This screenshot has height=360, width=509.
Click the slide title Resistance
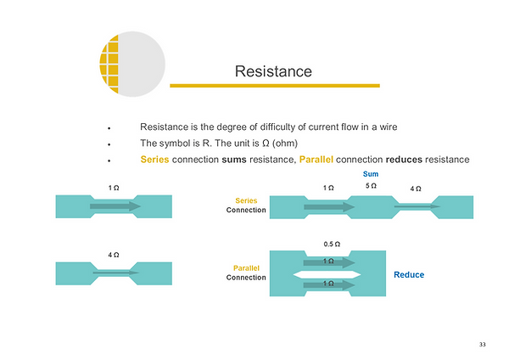point(273,71)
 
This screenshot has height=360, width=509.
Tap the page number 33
point(482,344)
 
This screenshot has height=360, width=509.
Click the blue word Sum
point(370,173)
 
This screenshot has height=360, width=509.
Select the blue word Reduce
point(409,274)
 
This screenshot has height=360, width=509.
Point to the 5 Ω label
point(370,185)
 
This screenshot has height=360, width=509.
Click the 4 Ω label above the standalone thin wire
point(113,255)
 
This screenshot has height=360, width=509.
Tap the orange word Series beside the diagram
point(246,200)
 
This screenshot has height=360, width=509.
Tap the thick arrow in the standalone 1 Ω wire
point(113,205)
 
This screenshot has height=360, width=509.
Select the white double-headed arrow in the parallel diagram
point(326,274)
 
